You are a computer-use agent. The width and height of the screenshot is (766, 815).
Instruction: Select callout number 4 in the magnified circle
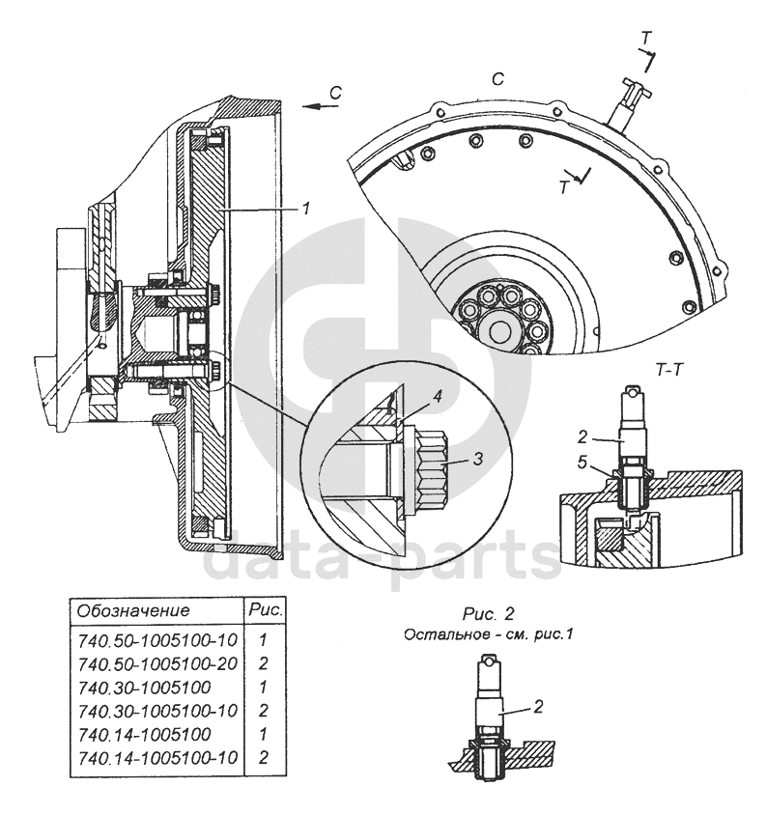click(437, 395)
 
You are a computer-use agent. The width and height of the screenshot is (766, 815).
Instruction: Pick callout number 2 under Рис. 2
click(539, 705)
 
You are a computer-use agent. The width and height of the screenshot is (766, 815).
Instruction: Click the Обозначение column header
click(132, 611)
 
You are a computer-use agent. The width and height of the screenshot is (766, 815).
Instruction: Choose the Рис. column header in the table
click(265, 610)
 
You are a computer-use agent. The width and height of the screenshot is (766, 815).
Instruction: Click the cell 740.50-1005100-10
click(156, 640)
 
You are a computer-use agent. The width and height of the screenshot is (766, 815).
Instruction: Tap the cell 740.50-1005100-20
click(156, 663)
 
